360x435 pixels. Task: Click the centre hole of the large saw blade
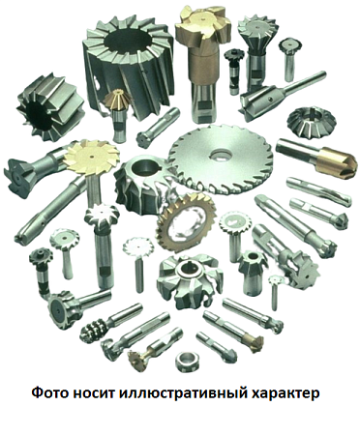[222, 156]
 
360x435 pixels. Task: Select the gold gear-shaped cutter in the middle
[185, 224]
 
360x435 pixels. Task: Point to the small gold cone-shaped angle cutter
[117, 101]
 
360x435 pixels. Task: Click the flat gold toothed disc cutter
[91, 157]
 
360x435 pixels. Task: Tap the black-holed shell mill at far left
[50, 107]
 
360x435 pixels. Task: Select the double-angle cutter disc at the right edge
[312, 123]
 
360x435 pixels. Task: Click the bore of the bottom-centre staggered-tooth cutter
[188, 270]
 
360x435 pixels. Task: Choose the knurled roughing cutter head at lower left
[95, 330]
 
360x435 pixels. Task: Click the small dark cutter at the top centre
[234, 55]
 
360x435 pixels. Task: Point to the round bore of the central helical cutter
[143, 167]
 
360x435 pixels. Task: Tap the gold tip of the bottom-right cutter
[255, 342]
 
